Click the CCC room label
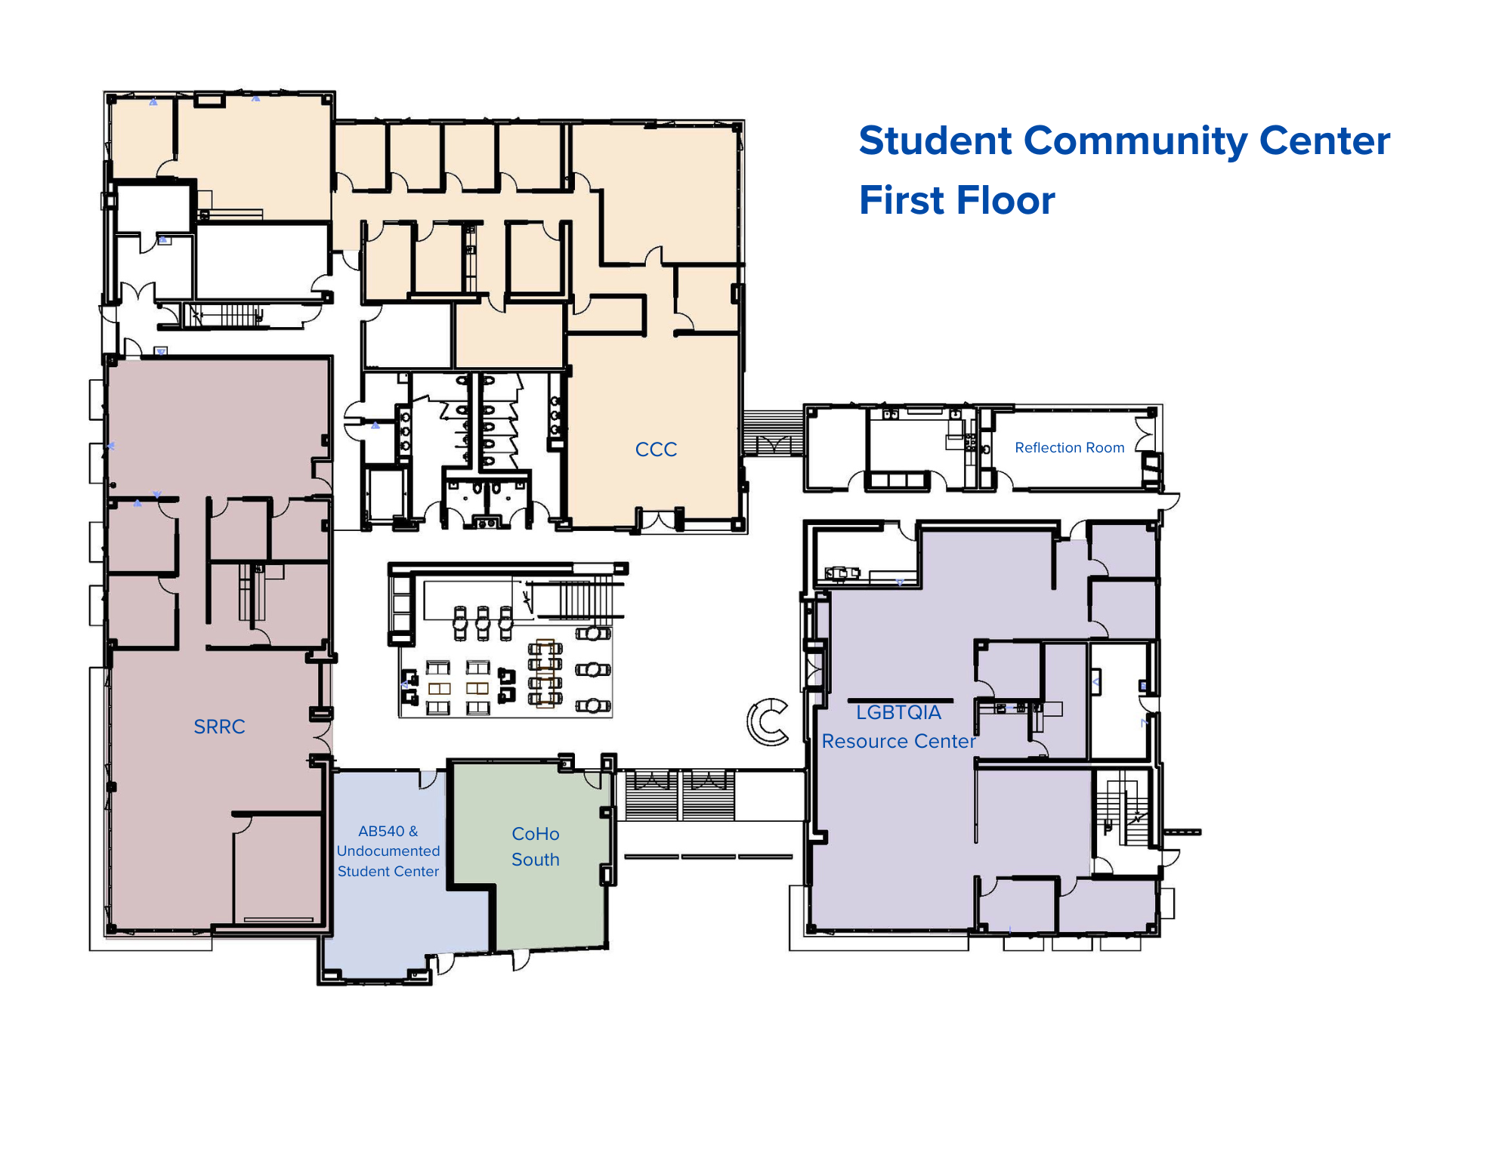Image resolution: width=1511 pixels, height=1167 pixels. click(x=656, y=449)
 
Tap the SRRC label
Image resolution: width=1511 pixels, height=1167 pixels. click(x=219, y=727)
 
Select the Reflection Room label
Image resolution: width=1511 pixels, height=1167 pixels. click(x=1069, y=448)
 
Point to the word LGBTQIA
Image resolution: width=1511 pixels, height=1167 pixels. click(x=898, y=712)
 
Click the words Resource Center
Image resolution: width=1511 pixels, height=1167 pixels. click(x=898, y=742)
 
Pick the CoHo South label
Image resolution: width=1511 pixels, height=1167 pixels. click(x=536, y=847)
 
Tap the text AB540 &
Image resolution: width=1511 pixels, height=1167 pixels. click(x=388, y=831)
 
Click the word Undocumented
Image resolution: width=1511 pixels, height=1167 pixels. click(x=388, y=851)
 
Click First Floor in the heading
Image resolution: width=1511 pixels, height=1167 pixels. click(x=956, y=201)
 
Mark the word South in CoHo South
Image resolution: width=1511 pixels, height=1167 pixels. click(x=536, y=860)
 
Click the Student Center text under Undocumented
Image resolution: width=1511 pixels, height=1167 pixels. click(x=388, y=872)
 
